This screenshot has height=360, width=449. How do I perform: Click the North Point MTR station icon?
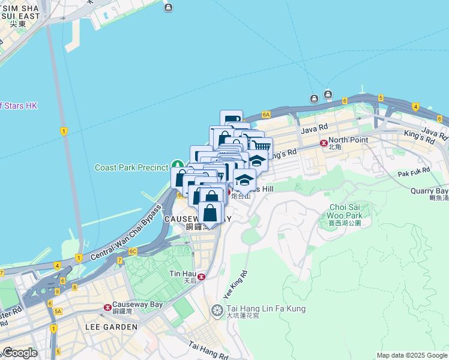tap(324, 143)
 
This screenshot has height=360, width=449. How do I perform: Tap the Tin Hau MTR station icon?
tap(202, 277)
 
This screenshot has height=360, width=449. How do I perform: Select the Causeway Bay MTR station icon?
tap(107, 307)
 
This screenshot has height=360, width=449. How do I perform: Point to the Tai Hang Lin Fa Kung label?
tap(266, 309)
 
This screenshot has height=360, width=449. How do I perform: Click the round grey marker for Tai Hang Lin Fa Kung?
tap(217, 310)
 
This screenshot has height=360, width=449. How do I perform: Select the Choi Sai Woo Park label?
tap(346, 211)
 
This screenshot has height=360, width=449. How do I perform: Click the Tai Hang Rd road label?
tap(208, 351)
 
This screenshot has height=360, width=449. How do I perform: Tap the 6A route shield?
tap(267, 113)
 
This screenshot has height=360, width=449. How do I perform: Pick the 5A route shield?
tap(58, 311)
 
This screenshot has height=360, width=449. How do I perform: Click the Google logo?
tap(19, 353)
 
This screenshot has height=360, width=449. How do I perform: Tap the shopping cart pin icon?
tap(261, 147)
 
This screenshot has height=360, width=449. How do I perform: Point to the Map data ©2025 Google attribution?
tap(411, 355)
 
